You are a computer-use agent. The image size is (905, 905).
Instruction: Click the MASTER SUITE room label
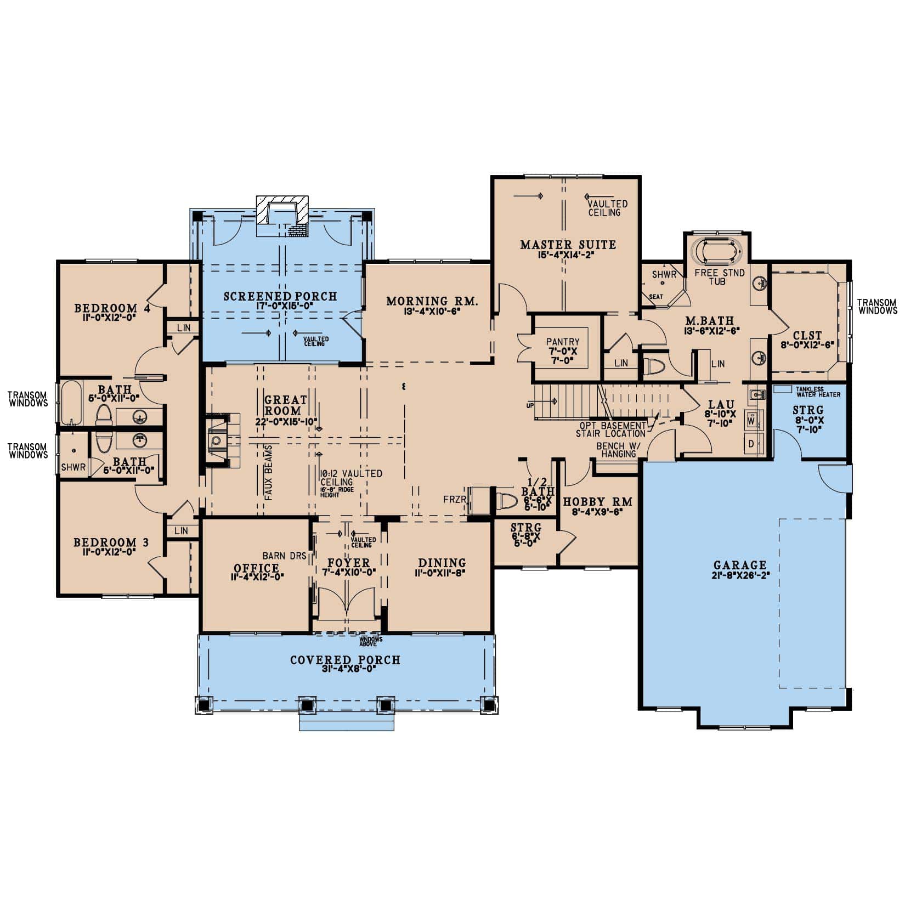568,245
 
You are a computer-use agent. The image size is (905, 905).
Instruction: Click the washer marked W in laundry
751,421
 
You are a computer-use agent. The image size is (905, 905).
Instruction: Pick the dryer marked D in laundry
751,443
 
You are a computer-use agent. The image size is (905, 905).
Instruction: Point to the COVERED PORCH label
345,660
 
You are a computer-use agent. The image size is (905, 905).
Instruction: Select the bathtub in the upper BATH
71,403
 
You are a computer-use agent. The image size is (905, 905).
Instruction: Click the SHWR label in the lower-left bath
73,467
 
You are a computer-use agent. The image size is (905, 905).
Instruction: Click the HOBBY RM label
597,501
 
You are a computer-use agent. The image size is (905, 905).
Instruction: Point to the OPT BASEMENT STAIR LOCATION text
610,429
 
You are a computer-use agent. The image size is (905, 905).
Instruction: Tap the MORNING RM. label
432,301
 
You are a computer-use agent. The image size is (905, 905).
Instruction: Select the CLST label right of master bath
807,336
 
